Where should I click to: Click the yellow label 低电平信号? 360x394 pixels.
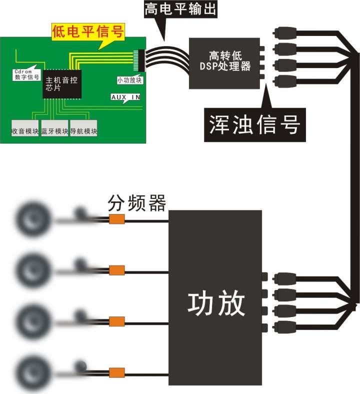tap(88, 32)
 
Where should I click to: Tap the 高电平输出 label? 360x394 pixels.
tap(180, 8)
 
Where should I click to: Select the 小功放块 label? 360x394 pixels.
tap(129, 80)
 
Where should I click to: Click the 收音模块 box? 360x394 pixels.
tap(25, 131)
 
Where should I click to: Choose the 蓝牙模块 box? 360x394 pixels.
tap(54, 131)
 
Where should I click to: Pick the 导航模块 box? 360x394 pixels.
tap(83, 131)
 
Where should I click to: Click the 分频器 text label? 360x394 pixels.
tap(136, 204)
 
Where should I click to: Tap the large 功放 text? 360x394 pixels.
tap(216, 302)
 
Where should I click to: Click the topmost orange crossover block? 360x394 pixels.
tap(116, 219)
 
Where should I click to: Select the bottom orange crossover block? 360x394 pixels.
tap(116, 372)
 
